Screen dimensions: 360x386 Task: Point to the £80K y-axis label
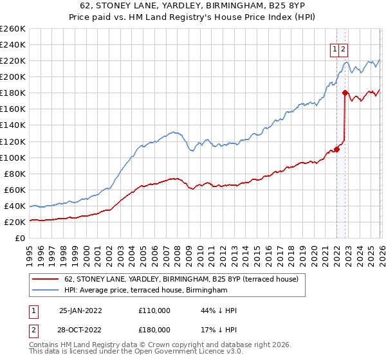pyautogui.click(x=14, y=174)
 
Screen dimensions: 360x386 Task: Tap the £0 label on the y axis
pyautogui.click(x=21, y=238)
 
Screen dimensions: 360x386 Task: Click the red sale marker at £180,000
pyautogui.click(x=345, y=93)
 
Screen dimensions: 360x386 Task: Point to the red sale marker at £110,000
pyautogui.click(x=336, y=149)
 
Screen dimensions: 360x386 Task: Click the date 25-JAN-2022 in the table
pyautogui.click(x=80, y=310)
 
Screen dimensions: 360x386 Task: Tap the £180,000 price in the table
pyautogui.click(x=154, y=329)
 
